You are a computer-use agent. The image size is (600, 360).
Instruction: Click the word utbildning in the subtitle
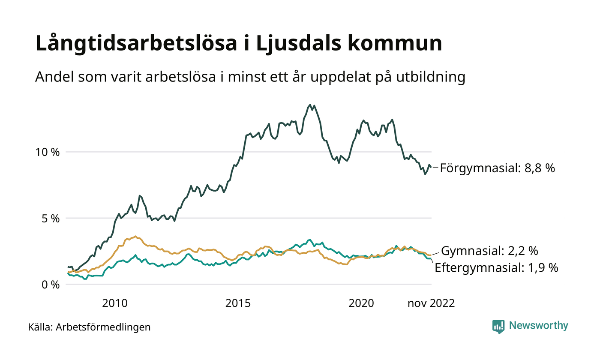[429, 77]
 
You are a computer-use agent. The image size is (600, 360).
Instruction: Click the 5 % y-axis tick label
[51, 218]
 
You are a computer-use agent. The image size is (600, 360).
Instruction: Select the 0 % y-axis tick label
[51, 284]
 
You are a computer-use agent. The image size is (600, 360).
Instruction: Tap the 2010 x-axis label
[115, 303]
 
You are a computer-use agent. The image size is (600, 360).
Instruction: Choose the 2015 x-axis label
[238, 303]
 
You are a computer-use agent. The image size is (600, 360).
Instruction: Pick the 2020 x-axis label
[361, 303]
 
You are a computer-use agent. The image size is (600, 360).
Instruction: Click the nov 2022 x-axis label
[431, 303]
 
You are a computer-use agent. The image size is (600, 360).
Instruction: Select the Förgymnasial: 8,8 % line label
[497, 168]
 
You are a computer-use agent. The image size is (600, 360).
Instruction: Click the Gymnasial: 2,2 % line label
[489, 250]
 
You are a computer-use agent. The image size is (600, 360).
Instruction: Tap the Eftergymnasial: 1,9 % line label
[496, 268]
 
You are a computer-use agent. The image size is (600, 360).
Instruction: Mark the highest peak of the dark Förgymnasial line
[310, 105]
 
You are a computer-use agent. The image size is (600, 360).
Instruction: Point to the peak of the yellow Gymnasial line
[135, 236]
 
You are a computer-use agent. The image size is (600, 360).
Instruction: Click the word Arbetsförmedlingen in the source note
[103, 327]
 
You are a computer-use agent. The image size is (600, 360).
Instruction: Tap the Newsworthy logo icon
[498, 326]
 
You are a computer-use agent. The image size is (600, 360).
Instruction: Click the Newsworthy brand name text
[538, 326]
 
